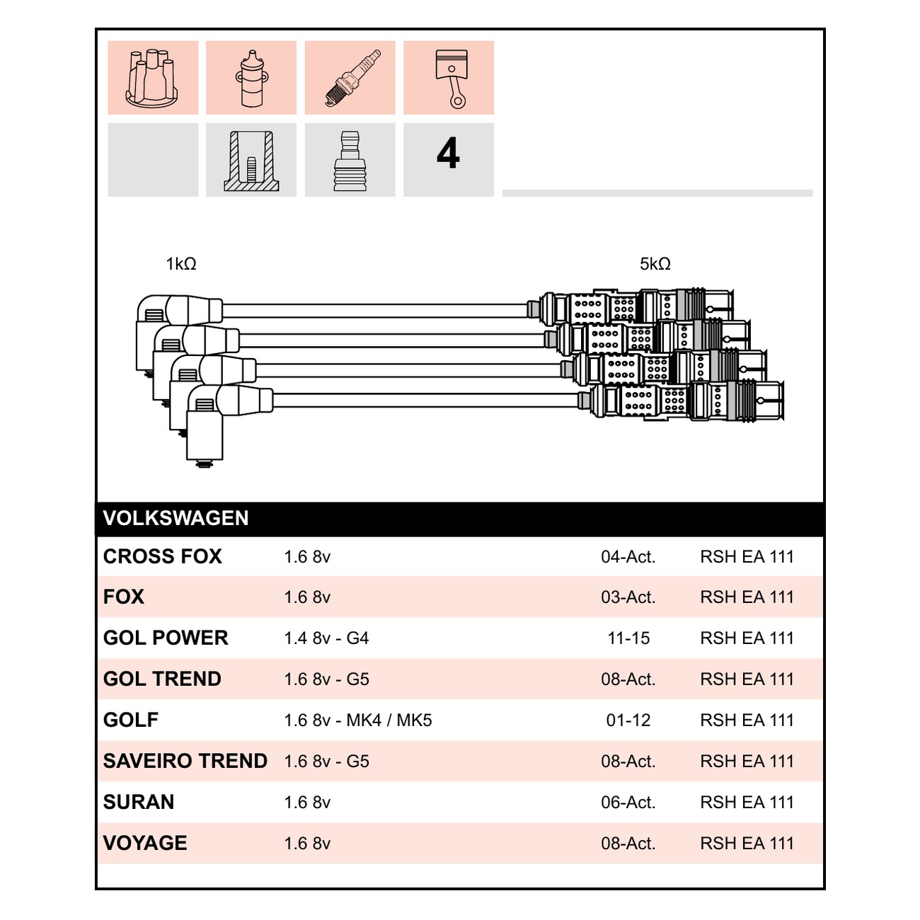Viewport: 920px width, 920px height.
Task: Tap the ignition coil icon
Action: (x=251, y=77)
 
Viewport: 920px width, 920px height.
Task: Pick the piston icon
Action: (x=452, y=78)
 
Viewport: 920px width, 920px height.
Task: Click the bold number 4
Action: (x=448, y=154)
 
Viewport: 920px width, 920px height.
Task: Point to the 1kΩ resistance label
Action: (x=181, y=263)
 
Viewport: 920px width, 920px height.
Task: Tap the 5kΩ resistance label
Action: (x=655, y=263)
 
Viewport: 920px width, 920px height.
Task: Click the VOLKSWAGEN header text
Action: (x=176, y=518)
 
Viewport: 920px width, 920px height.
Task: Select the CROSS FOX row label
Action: (x=162, y=556)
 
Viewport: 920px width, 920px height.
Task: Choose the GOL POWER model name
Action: (x=166, y=638)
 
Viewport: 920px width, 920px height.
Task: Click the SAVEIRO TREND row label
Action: (x=185, y=761)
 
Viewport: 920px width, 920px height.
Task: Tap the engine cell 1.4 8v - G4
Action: (x=326, y=638)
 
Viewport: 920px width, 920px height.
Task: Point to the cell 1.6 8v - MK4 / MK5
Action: (x=358, y=720)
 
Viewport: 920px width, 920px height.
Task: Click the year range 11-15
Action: (x=628, y=638)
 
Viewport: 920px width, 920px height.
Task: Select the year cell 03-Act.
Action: (x=628, y=597)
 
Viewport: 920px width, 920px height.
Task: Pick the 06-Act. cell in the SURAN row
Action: (x=628, y=802)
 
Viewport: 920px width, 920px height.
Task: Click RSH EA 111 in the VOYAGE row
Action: (x=747, y=843)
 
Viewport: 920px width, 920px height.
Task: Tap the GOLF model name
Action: (x=131, y=720)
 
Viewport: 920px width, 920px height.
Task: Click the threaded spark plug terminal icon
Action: (x=350, y=161)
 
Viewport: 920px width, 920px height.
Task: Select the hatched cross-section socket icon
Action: (x=252, y=161)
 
